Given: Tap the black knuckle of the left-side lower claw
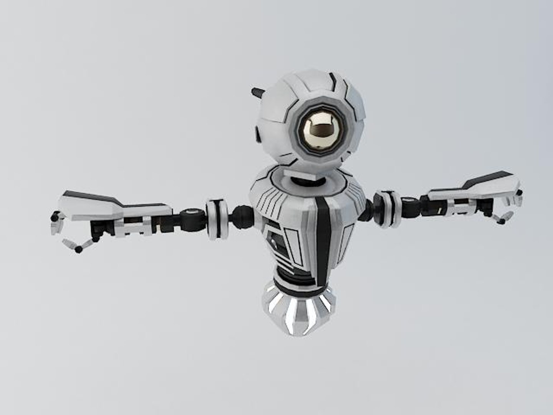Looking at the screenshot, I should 79,250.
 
